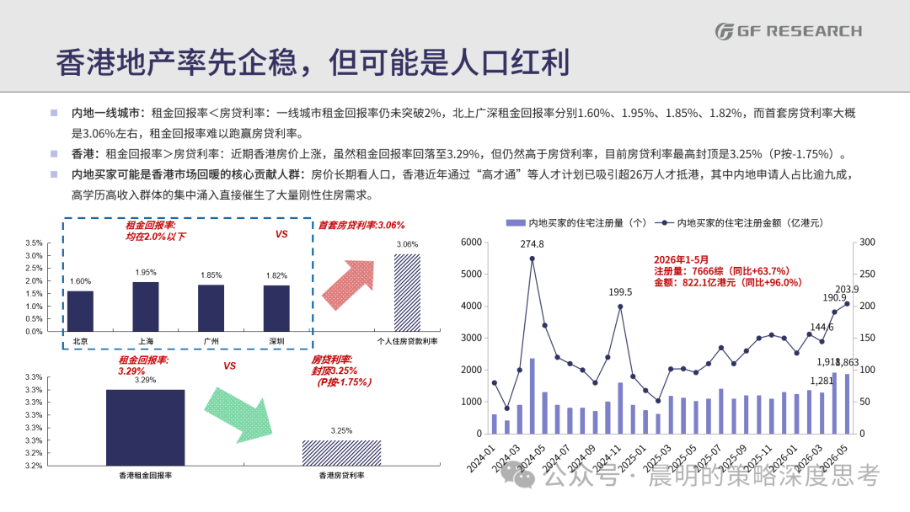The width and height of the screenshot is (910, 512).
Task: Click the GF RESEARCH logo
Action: [x=788, y=30]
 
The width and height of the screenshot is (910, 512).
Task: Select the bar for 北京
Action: [x=80, y=312]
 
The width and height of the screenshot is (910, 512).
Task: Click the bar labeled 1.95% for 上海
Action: [x=146, y=307]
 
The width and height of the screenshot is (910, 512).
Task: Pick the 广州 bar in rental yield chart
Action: [x=211, y=308]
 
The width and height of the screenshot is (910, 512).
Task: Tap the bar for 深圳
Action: [x=276, y=308]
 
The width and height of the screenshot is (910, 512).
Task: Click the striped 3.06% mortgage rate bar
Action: [x=408, y=293]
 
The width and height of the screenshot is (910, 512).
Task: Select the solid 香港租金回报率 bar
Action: [x=146, y=427]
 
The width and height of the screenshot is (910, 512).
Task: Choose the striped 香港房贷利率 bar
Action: [x=342, y=453]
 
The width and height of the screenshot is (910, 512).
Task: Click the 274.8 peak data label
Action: [x=533, y=244]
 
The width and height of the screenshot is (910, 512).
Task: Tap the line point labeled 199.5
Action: [x=620, y=307]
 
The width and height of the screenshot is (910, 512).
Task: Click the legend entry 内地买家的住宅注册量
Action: [x=575, y=223]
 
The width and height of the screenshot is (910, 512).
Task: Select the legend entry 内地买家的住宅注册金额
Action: [x=739, y=223]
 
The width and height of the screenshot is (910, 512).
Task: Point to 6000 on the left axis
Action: [x=471, y=242]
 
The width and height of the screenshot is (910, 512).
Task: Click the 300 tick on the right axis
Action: [x=867, y=242]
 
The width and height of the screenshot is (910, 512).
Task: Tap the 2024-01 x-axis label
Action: [x=482, y=458]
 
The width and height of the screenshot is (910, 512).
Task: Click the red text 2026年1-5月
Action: [x=682, y=259]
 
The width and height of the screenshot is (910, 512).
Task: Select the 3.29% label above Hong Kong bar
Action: [x=145, y=381]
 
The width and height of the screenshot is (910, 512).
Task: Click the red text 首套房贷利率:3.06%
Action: [x=361, y=225]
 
